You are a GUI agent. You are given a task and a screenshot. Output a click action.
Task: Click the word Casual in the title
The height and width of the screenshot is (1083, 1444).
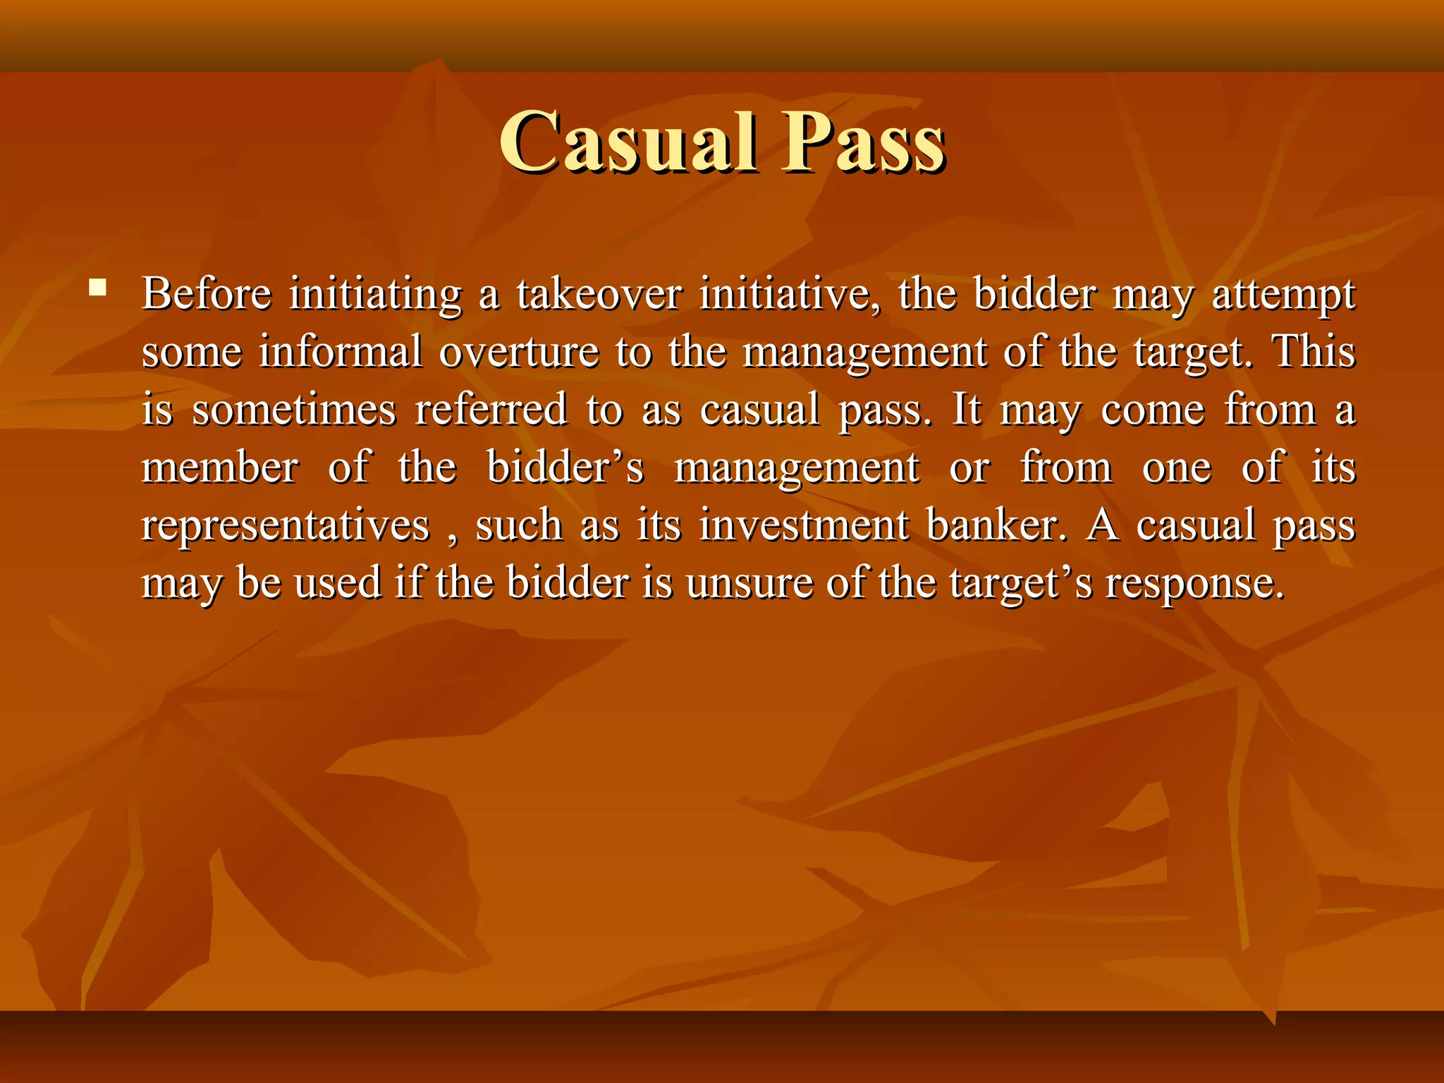click(628, 142)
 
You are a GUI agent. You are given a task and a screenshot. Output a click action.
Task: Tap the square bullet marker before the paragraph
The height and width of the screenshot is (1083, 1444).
click(98, 287)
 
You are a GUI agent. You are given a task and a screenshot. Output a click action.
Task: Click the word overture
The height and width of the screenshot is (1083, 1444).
click(519, 353)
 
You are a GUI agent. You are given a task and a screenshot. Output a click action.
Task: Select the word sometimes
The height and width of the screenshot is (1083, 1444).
click(294, 410)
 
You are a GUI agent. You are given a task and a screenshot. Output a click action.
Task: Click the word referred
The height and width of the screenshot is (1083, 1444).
click(491, 410)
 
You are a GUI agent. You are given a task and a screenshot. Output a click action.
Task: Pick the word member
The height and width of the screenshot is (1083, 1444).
click(220, 467)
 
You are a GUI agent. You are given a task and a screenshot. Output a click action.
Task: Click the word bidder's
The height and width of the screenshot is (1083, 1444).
click(565, 467)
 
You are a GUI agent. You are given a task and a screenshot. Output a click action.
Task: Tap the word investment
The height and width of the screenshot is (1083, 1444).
click(804, 525)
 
